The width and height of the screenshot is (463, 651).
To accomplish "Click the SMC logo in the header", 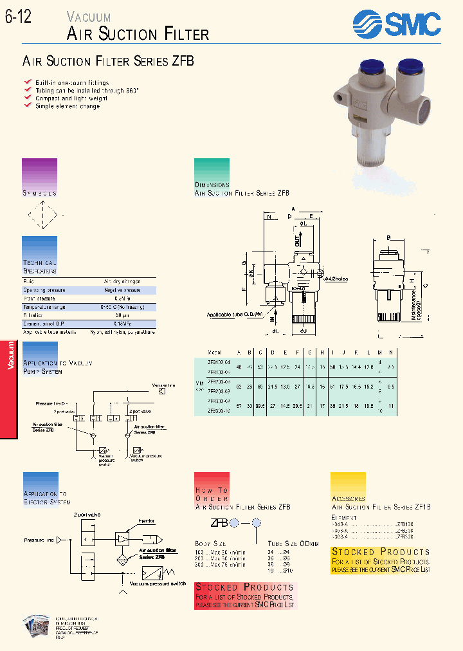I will click(x=397, y=25).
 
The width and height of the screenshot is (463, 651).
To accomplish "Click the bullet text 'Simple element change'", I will click(x=67, y=106).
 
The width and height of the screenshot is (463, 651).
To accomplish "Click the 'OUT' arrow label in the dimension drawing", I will click(x=297, y=241).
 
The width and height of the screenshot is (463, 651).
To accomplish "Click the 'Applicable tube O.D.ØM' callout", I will click(x=235, y=314).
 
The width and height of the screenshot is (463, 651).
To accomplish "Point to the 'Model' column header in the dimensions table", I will click(x=215, y=353).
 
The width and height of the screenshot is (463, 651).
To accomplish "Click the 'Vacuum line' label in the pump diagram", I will click(x=164, y=385).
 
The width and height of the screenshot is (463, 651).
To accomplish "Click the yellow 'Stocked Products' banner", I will click(x=380, y=551).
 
